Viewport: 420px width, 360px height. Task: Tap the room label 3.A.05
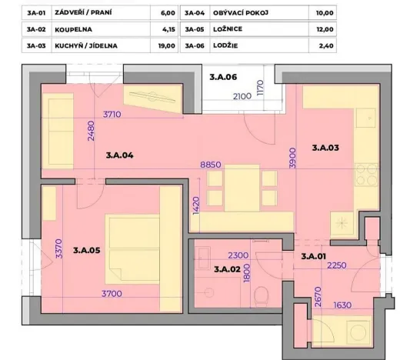coord(87,248)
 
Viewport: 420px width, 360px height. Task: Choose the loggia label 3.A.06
coord(223,77)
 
